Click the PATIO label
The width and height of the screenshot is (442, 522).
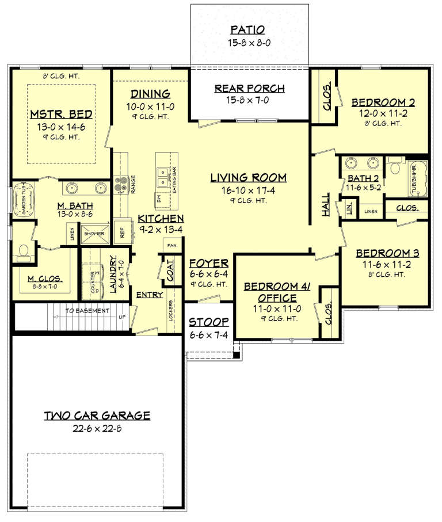(x=249, y=29)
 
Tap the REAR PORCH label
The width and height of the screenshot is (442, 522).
(x=249, y=88)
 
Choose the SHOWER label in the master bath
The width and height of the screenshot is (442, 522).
(x=94, y=234)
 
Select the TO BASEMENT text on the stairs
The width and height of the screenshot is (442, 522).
(x=86, y=311)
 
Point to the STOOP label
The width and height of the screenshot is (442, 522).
(x=209, y=322)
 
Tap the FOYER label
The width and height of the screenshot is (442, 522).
(x=209, y=263)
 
